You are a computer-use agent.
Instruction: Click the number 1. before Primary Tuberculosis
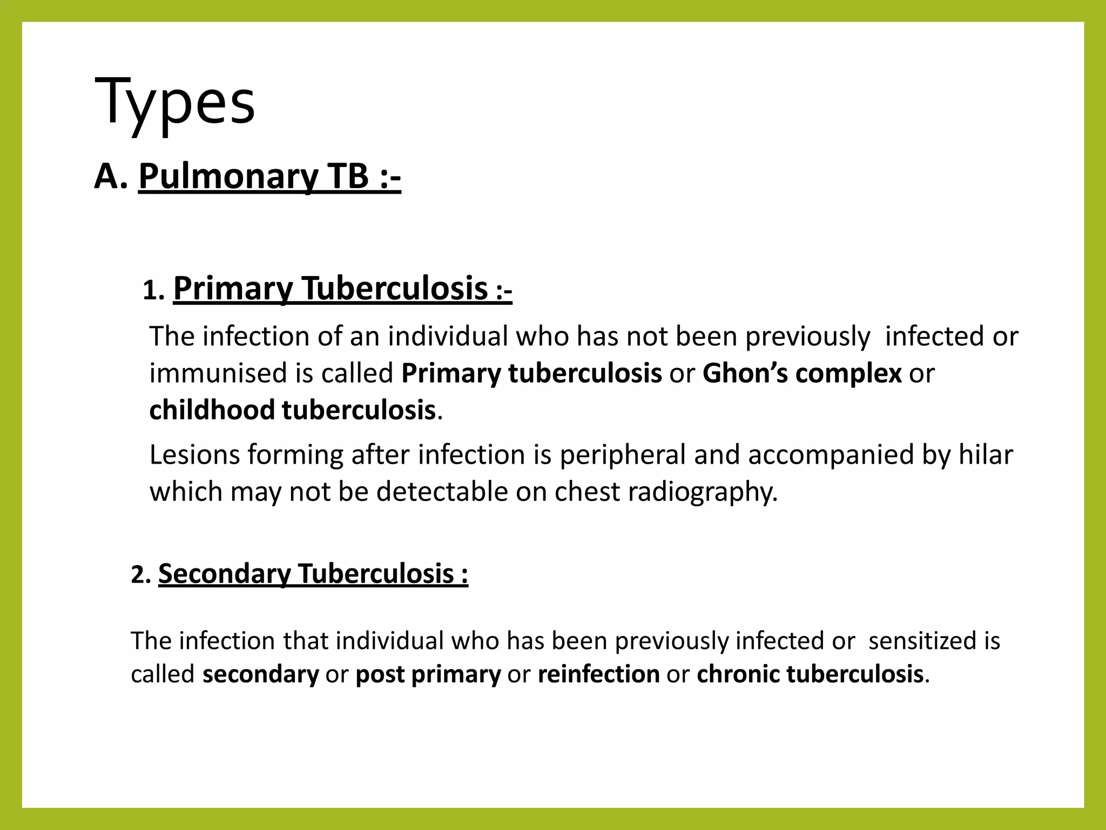click(153, 292)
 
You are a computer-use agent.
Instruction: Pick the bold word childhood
click(212, 410)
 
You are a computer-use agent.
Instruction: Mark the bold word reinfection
click(598, 674)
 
